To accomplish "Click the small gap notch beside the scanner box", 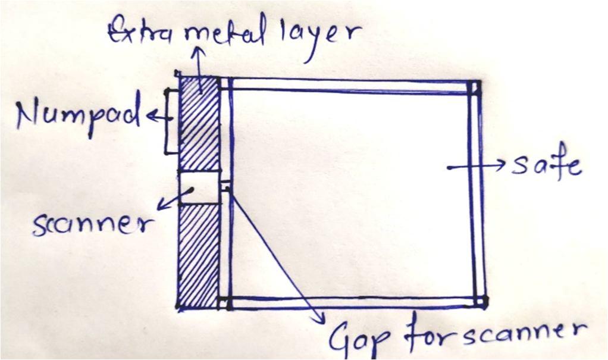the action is [x=225, y=186].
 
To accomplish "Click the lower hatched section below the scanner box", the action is [x=198, y=256].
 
